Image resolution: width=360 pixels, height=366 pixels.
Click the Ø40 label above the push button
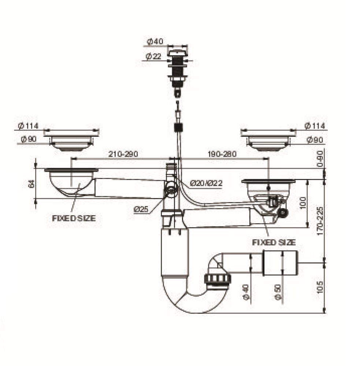point(155,42)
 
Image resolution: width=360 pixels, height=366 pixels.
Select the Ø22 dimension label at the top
point(153,56)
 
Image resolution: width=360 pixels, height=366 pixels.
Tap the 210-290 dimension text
point(123,154)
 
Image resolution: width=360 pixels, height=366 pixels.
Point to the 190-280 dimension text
point(222,154)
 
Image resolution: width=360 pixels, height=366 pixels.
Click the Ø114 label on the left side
point(28,126)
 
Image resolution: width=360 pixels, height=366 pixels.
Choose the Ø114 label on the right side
point(315,126)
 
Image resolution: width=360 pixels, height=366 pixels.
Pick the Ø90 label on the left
point(29,139)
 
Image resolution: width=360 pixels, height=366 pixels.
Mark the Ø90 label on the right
point(315,140)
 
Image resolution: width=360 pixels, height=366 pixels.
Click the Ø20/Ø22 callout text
point(206,183)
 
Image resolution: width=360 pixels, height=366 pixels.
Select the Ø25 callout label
point(141,209)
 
